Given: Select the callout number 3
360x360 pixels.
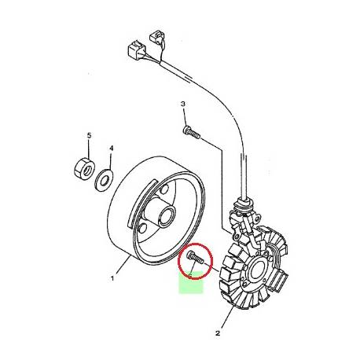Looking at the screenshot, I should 182,104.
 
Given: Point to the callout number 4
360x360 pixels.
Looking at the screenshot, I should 111,148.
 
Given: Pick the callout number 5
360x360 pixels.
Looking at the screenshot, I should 89,135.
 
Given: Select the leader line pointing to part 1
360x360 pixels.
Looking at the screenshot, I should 123,267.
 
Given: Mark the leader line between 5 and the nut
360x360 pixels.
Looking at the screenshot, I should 88,149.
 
